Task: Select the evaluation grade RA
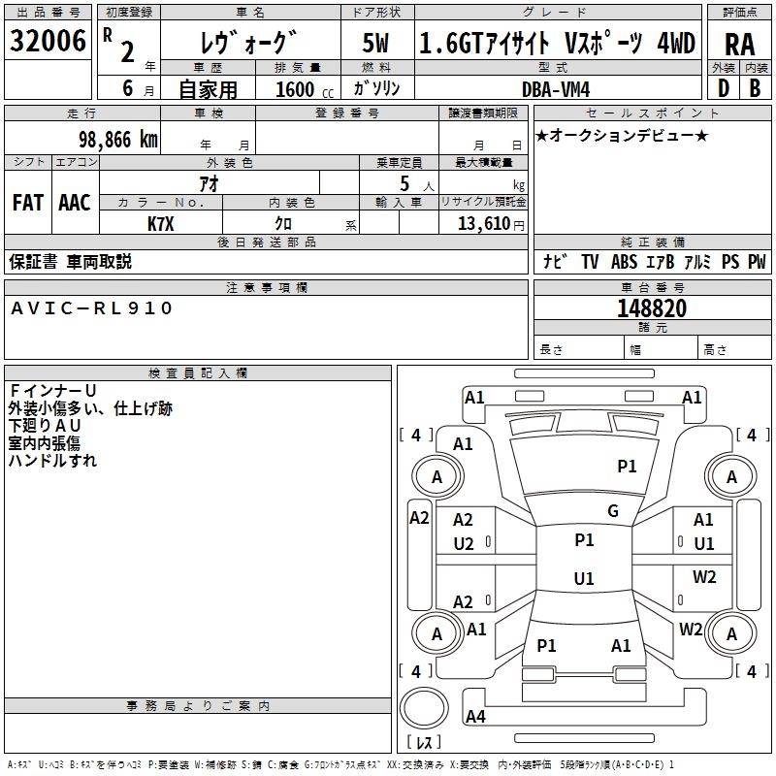739,45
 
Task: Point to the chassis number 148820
652,308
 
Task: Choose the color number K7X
161,222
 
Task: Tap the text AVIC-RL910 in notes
92,308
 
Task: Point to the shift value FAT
28,203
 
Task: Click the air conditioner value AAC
75,203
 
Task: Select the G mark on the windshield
613,511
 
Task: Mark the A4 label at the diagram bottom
475,717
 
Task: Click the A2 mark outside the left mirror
419,518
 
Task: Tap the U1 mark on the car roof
583,579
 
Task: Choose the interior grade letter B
755,88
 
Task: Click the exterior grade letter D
723,88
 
